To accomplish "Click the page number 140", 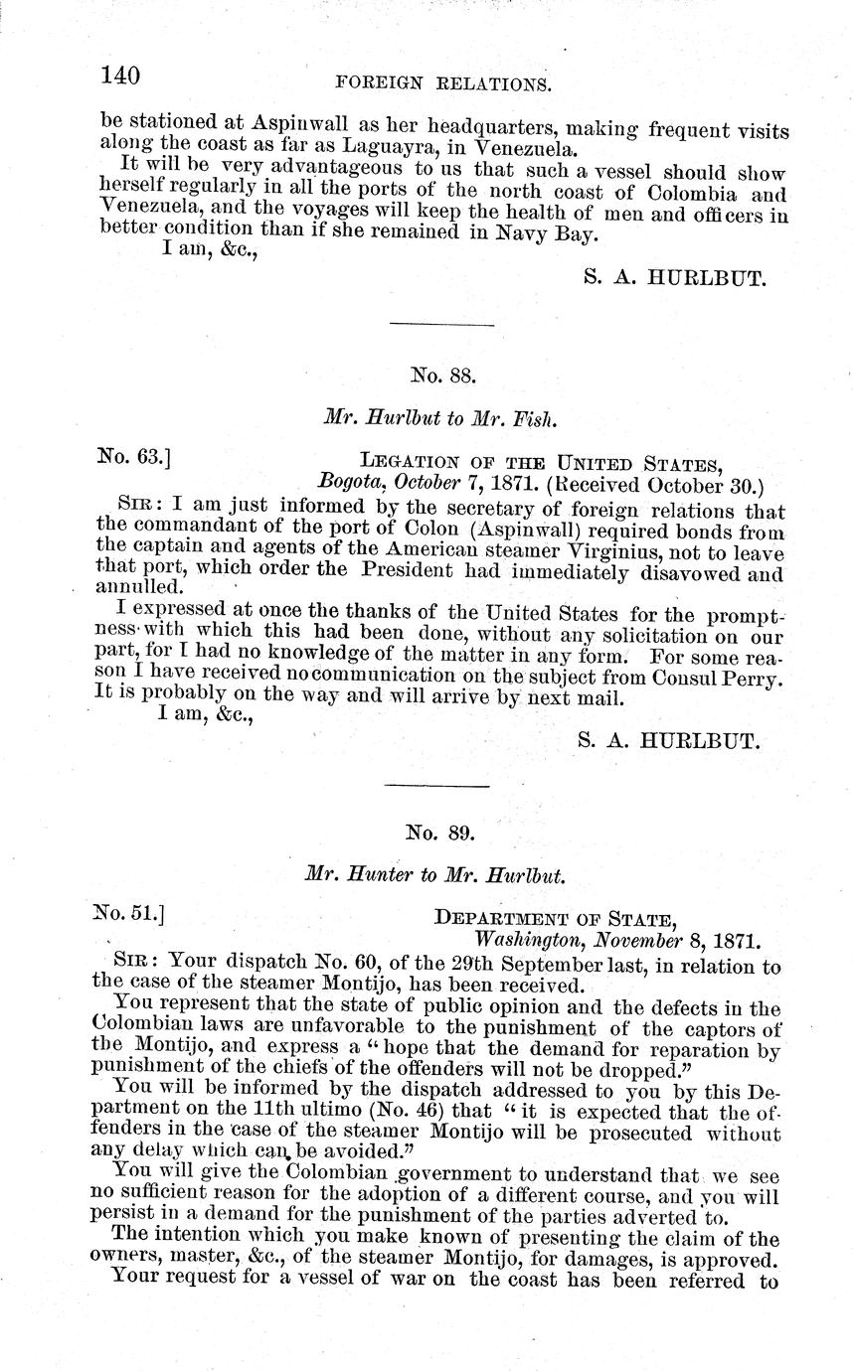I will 120,75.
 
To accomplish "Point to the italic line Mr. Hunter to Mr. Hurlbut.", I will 434,877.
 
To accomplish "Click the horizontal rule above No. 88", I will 441,324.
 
